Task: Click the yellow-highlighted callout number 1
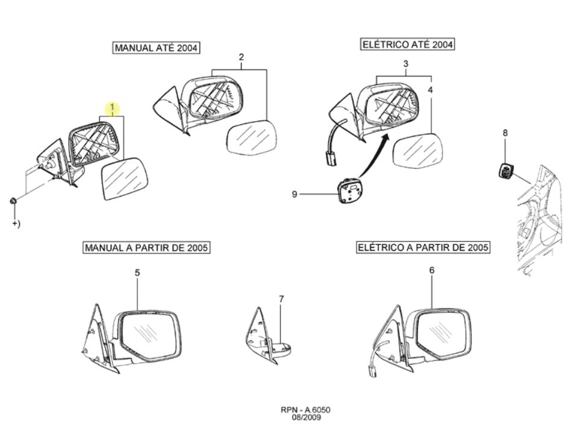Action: click(112, 108)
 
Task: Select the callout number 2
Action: click(241, 57)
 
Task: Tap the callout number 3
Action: click(405, 63)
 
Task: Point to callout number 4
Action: click(430, 90)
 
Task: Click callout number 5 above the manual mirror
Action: click(137, 272)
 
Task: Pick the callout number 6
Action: click(432, 271)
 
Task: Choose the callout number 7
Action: click(281, 299)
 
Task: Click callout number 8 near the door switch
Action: click(505, 133)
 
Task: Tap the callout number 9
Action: click(294, 194)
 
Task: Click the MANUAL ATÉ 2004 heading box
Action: click(156, 48)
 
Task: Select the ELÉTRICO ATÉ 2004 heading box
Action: click(407, 45)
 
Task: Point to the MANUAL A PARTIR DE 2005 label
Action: click(146, 247)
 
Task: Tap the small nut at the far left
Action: click(13, 201)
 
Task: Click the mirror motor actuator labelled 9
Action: click(349, 190)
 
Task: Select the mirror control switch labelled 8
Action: click(505, 171)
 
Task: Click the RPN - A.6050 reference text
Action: click(305, 410)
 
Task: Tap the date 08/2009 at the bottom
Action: click(307, 418)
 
